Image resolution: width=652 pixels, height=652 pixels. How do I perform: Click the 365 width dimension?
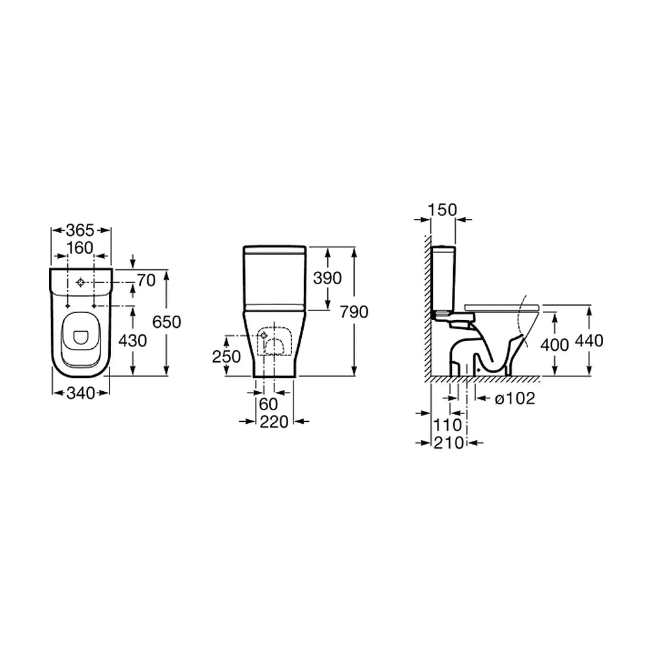80,230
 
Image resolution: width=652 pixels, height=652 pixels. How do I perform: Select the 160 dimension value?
80,248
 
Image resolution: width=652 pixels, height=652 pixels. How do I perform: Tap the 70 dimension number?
146,280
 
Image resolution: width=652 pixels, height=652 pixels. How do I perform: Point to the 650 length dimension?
167,322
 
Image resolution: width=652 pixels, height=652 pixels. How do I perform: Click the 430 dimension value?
132,340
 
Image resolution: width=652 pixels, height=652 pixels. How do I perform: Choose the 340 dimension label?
81,393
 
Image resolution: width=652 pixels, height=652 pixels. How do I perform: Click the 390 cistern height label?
327,278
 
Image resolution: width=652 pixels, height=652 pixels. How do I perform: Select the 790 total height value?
354,312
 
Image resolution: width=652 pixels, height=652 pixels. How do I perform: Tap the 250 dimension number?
227,357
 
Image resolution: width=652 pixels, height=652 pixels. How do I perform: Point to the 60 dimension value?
268,404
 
